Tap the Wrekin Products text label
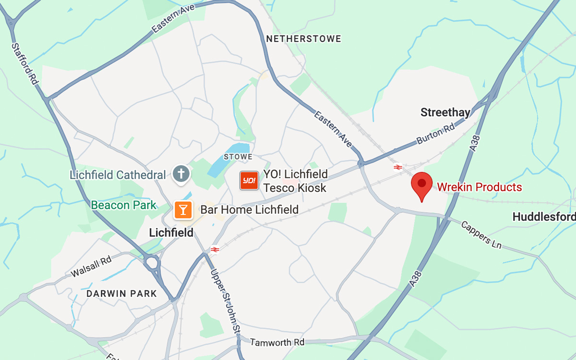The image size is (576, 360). point(479,187)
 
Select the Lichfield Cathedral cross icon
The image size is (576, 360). point(181,174)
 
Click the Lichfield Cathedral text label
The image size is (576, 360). point(118,175)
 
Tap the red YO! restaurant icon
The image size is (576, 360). point(249,180)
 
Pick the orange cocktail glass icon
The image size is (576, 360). point(183,209)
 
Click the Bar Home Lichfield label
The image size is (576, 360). point(249,210)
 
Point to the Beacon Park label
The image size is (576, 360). point(124,205)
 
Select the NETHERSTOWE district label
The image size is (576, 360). point(303,39)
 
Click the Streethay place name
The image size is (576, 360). point(445,113)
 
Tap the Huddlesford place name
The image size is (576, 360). point(544,217)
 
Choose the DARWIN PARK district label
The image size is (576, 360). point(121,293)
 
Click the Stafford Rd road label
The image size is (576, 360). point(25,64)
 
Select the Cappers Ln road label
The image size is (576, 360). point(481,235)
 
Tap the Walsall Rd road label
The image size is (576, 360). point(91,266)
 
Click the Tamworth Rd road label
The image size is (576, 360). point(277,342)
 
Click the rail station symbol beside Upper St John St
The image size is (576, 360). point(215,249)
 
